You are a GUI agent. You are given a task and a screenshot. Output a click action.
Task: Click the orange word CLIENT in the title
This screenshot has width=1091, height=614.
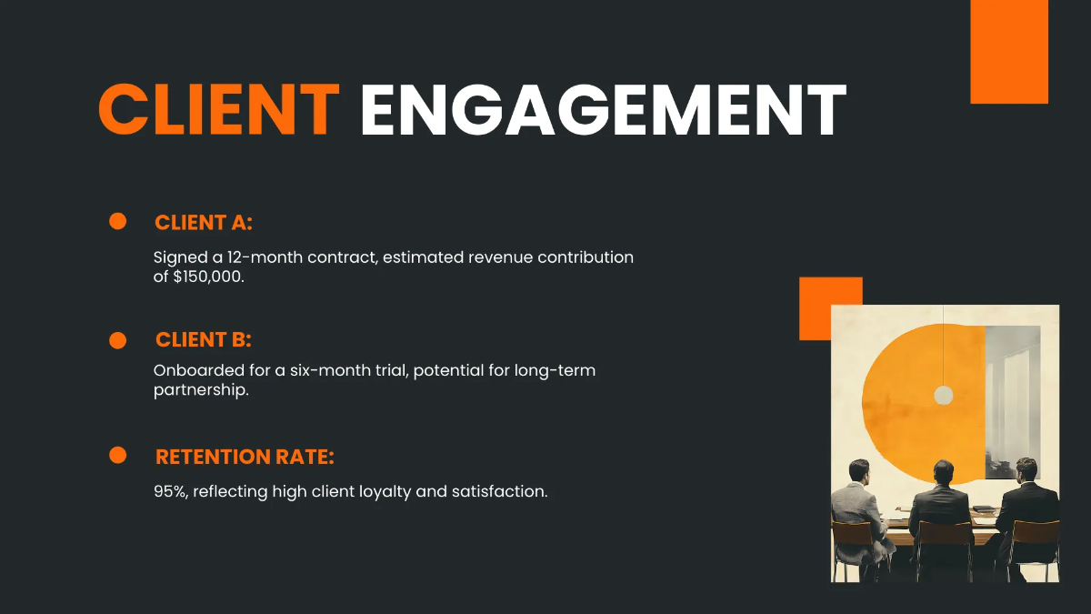[218, 111]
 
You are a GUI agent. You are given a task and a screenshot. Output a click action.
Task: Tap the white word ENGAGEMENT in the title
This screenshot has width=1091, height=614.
[603, 111]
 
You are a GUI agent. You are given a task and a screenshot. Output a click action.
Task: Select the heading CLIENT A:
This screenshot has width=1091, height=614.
[204, 223]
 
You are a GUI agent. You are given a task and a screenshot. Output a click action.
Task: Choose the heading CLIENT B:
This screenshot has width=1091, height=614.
[204, 340]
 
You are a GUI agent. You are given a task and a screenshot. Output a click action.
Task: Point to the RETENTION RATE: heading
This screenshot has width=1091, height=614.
[252, 457]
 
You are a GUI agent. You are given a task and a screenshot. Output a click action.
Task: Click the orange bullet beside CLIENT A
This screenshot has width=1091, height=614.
[117, 222]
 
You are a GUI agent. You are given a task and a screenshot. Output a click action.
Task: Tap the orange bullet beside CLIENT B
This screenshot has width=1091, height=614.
[117, 340]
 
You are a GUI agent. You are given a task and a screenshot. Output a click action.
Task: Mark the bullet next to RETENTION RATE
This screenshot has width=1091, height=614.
[117, 456]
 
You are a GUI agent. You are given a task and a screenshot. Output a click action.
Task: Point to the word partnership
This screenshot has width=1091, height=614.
[200, 391]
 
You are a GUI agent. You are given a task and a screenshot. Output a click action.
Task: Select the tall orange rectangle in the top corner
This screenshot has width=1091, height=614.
[1009, 51]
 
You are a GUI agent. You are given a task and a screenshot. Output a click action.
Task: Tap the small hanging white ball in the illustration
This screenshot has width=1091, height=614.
[944, 394]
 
